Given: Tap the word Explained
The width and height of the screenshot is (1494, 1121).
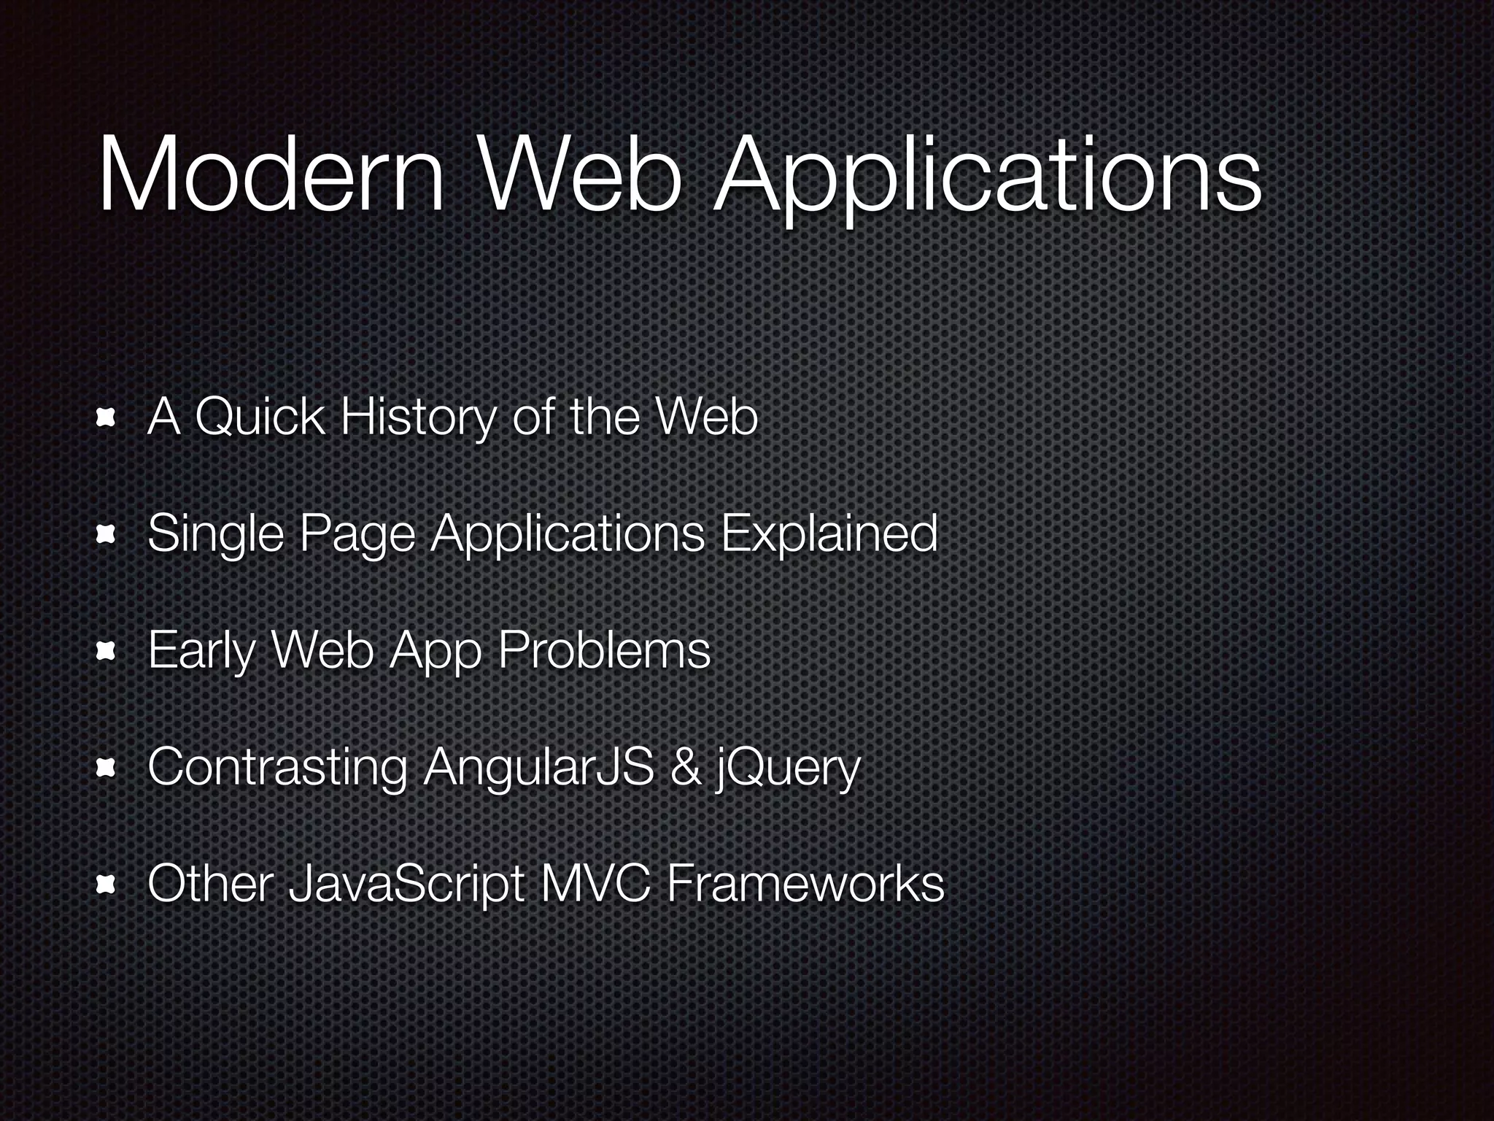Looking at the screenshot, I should pyautogui.click(x=829, y=534).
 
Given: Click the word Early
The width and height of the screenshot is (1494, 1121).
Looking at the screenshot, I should pyautogui.click(x=201, y=651).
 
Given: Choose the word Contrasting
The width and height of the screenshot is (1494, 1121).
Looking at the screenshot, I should pyautogui.click(x=277, y=768).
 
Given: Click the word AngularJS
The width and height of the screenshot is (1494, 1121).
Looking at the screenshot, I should pyautogui.click(x=538, y=768).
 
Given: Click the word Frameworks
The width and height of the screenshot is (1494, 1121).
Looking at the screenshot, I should pyautogui.click(x=805, y=884).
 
